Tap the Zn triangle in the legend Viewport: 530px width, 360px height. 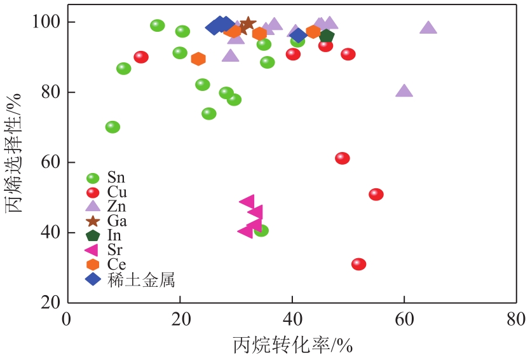(x=93, y=206)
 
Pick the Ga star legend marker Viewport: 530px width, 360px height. (x=93, y=221)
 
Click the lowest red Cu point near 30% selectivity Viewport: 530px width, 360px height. (x=358, y=264)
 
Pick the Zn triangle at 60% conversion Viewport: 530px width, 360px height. (x=404, y=91)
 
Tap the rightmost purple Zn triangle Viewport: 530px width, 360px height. (x=428, y=28)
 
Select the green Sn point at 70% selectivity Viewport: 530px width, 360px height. (x=112, y=127)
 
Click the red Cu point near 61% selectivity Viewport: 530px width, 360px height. (x=343, y=158)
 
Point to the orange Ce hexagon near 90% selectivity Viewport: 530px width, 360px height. (x=198, y=59)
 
